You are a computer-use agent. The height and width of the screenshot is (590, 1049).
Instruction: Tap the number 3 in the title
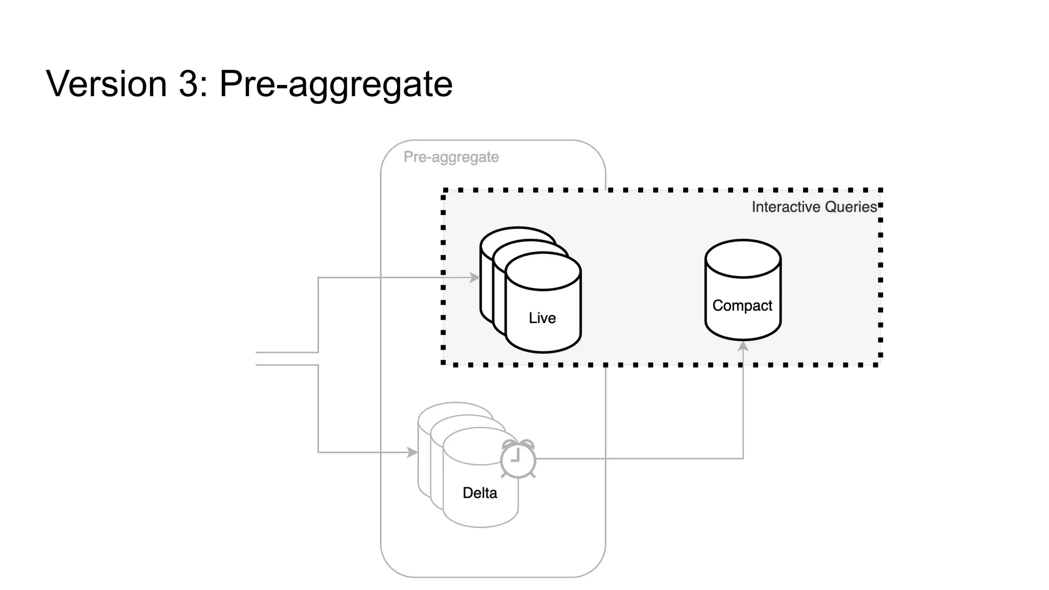click(188, 83)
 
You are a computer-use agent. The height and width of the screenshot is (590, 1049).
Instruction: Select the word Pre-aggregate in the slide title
click(336, 85)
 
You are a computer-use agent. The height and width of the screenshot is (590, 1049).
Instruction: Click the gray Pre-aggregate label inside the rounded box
click(451, 157)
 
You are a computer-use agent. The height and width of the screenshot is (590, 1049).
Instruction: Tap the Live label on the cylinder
click(542, 318)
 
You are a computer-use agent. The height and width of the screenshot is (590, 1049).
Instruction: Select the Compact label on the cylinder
click(742, 306)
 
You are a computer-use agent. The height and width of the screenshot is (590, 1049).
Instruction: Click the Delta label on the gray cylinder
click(479, 493)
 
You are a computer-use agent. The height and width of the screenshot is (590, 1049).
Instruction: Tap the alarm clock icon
click(518, 459)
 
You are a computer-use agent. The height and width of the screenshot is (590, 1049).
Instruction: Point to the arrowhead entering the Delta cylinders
click(413, 452)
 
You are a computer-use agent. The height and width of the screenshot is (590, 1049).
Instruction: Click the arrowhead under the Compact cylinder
click(743, 346)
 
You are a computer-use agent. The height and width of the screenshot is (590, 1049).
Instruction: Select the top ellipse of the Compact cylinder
click(743, 259)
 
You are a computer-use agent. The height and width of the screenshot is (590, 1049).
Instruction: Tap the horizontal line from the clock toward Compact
click(640, 458)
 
